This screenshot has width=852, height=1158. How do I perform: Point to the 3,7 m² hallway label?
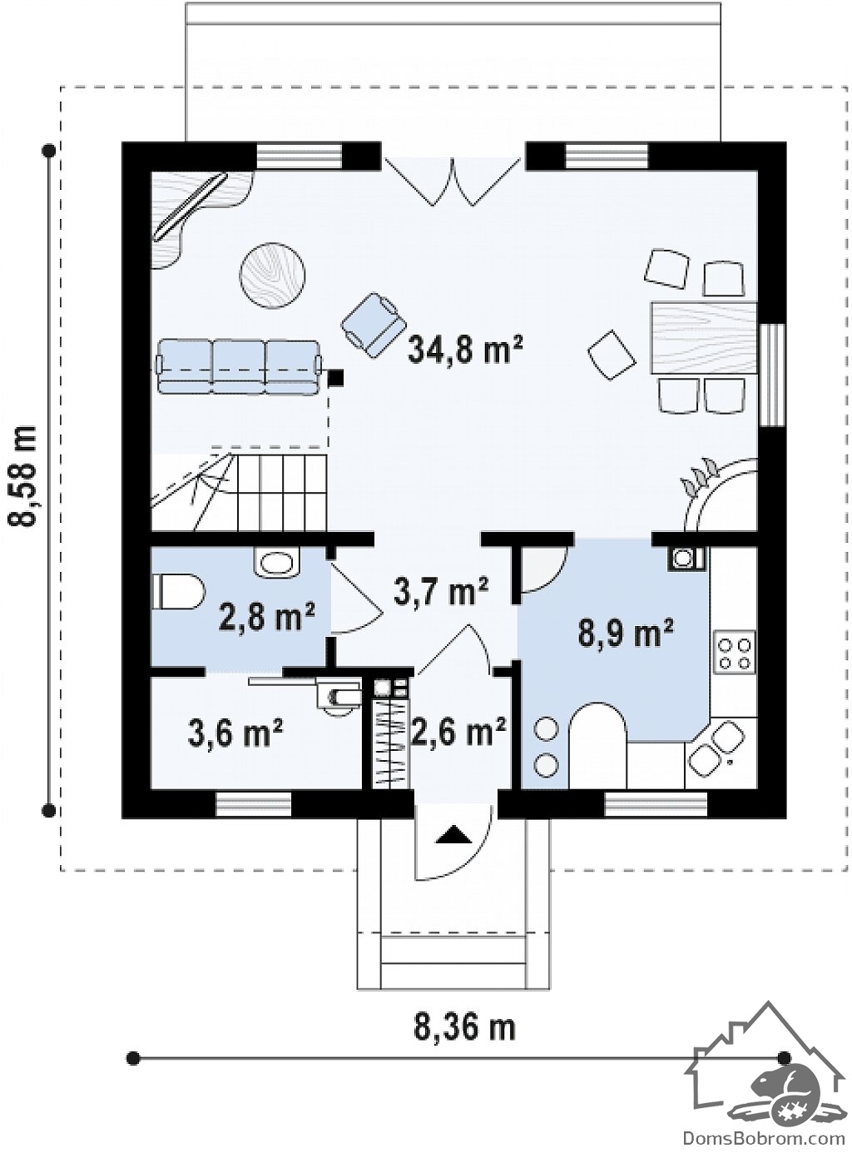[441, 590]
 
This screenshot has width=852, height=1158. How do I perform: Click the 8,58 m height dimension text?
[24, 476]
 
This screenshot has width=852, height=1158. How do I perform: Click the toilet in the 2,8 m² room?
[179, 591]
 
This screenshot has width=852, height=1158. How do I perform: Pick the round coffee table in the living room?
[273, 276]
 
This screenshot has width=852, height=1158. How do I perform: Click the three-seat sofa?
[239, 368]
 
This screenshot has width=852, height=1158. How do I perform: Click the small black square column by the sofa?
[337, 377]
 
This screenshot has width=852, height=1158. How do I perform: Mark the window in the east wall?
[774, 375]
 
